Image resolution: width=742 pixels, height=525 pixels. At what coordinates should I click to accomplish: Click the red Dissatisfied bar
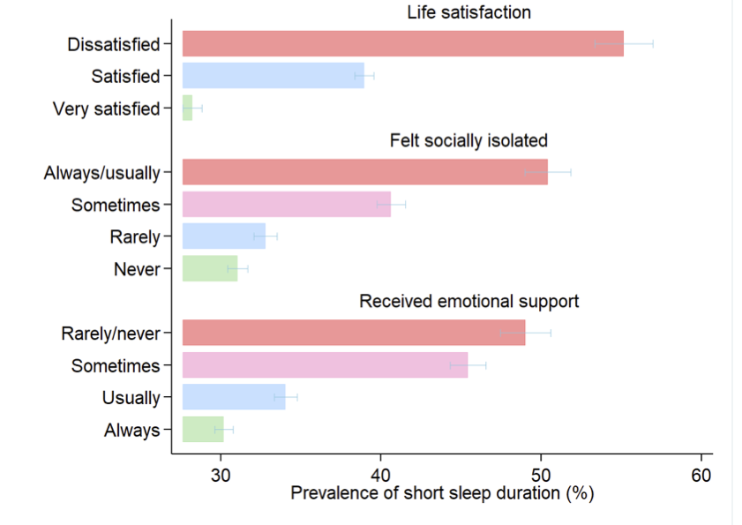(402, 43)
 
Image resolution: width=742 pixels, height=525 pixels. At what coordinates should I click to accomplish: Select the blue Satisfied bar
(273, 76)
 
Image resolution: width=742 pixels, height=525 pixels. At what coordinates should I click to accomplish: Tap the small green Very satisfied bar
(187, 109)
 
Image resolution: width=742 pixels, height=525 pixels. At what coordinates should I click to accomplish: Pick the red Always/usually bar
(364, 172)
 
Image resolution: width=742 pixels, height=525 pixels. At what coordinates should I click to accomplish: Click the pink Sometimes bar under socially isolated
(286, 204)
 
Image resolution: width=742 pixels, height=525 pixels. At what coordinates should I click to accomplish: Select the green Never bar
(210, 268)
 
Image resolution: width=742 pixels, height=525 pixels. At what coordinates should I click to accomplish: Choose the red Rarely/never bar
(353, 333)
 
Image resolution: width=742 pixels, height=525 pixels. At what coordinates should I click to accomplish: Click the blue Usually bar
(234, 397)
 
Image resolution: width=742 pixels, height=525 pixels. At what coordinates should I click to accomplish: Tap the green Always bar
(203, 430)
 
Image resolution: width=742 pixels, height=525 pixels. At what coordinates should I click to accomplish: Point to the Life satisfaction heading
(468, 12)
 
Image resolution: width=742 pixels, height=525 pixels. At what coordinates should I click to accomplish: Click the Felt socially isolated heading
(468, 140)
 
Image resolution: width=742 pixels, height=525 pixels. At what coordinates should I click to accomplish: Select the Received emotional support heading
(468, 301)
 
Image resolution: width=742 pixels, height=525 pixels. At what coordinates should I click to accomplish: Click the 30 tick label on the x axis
(220, 474)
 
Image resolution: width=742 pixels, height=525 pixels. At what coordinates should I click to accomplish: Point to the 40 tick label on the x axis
(380, 474)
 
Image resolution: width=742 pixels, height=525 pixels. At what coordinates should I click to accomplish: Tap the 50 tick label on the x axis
(541, 474)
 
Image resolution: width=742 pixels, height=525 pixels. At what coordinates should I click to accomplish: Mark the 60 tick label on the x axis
(701, 474)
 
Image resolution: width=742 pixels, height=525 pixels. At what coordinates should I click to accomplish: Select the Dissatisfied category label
(114, 44)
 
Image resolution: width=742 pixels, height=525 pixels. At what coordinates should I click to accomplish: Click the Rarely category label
(135, 236)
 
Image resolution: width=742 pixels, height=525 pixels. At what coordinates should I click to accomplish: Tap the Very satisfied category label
(106, 109)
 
